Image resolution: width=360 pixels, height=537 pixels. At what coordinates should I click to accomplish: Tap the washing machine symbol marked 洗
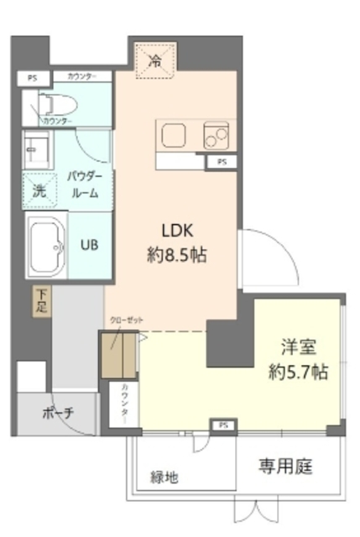click(39, 190)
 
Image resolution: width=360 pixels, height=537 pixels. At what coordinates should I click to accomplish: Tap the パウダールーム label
click(85, 184)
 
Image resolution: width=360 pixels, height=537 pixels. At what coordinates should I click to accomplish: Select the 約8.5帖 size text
click(178, 254)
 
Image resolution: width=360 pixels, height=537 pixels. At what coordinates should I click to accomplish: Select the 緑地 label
click(164, 477)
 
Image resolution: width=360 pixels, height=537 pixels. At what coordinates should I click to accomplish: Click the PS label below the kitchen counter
click(222, 161)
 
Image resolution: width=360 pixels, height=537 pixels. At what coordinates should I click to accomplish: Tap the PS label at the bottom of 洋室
click(223, 426)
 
